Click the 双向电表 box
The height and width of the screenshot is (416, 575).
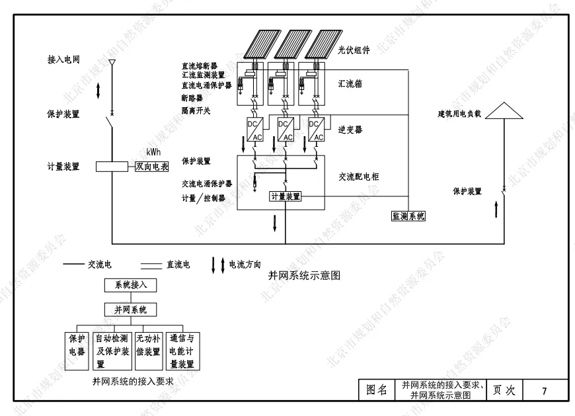[x=152, y=167]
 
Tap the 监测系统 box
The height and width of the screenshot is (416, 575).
[x=408, y=216]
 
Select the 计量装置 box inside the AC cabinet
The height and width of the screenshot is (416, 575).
[x=286, y=196]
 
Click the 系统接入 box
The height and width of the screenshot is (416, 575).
[x=130, y=286]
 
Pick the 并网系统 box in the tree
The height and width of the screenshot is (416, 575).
[x=130, y=310]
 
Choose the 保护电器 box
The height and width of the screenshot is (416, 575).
[x=77, y=345]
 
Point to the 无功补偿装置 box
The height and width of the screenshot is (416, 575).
[x=148, y=345]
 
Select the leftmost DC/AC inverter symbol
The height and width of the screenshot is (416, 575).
[x=255, y=130]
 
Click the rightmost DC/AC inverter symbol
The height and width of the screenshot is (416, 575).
[x=316, y=130]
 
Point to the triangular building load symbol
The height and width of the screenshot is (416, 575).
[x=503, y=110]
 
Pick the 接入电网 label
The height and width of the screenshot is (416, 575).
[x=64, y=60]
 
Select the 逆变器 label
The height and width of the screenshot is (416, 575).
[x=350, y=130]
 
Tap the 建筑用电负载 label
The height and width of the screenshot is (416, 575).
[x=459, y=114]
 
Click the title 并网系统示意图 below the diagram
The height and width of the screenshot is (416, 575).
[x=304, y=274]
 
